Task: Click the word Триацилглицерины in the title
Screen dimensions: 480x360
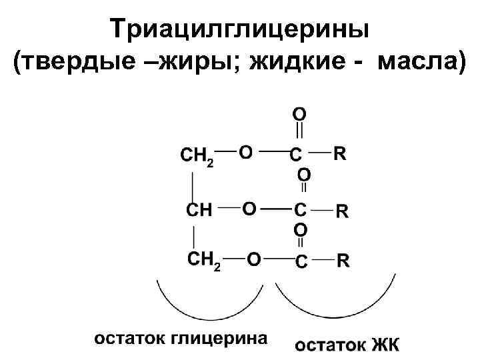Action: [241, 28]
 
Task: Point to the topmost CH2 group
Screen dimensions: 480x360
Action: [197, 157]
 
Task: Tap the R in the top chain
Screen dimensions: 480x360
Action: [339, 153]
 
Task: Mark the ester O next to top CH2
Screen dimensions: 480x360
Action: [245, 153]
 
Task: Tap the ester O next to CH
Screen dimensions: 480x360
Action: [248, 209]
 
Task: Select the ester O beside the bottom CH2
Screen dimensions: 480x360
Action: [254, 259]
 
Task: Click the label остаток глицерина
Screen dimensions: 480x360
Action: [180, 337]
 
